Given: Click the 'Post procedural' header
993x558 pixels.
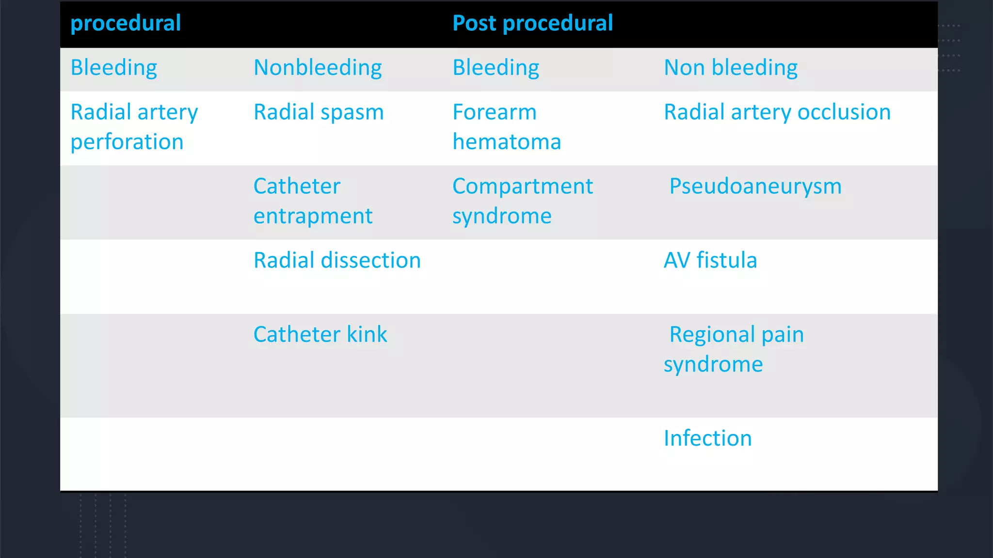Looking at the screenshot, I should pos(532,23).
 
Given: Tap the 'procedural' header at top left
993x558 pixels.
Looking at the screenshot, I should pos(126,23).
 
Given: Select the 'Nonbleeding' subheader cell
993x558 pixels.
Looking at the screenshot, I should pos(318,68).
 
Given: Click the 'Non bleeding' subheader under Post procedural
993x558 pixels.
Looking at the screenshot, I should pos(730,68).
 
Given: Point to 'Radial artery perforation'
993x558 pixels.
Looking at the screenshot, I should pos(134,127).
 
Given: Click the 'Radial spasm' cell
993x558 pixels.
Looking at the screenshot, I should pos(319,112).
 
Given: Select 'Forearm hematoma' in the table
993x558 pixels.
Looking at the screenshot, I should pos(506,127).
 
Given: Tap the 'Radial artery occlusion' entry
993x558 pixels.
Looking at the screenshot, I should pos(777,112).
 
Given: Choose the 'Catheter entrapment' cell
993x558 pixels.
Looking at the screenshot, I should pos(313,201).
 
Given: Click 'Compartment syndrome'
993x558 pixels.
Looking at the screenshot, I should pos(522,201).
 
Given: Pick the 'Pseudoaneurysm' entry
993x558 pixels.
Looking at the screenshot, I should pos(755,186).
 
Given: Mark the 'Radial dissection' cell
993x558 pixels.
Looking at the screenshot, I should pos(337,261).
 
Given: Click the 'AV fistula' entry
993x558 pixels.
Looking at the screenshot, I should pos(710,261).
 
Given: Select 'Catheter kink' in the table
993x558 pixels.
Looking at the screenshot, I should pos(320,335).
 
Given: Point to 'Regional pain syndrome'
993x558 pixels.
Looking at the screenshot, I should pos(733,349).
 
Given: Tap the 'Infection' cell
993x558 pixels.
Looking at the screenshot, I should pos(707,438).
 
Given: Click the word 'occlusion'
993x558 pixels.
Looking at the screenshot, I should pos(844,112).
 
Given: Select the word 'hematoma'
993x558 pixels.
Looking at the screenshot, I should pos(506,142).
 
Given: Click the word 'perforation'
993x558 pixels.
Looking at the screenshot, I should pos(127,142).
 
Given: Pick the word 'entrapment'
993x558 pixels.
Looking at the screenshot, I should pos(313,216).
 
